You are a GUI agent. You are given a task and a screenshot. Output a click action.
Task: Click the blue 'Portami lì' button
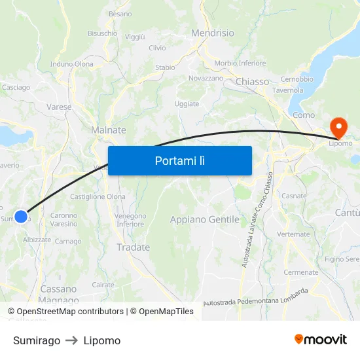click(x=179, y=160)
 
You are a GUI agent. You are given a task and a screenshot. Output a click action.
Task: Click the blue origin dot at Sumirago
click(x=21, y=216)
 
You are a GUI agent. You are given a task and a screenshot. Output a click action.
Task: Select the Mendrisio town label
click(x=212, y=32)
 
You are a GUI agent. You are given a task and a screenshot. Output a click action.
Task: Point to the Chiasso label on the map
click(x=252, y=82)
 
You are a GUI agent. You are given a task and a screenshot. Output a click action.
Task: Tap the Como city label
click(x=304, y=115)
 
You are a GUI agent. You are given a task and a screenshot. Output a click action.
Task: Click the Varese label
click(x=59, y=107)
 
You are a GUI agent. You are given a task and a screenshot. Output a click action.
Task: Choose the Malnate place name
click(x=108, y=130)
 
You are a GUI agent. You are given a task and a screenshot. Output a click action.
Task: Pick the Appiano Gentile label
click(x=204, y=219)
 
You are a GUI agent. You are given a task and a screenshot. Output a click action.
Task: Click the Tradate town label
click(x=133, y=247)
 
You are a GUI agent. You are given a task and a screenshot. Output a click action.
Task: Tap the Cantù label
click(x=347, y=213)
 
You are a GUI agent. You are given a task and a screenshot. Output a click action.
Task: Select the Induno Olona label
click(x=72, y=64)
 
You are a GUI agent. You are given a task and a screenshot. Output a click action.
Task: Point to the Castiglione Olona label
click(x=98, y=196)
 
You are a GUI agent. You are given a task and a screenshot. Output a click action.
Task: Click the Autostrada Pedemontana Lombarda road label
click(x=256, y=297)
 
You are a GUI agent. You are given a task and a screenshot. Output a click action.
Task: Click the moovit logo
click(x=320, y=340)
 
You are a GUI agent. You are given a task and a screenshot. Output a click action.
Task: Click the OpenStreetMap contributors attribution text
click(x=65, y=312)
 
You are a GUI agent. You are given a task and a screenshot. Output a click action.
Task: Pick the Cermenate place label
click(x=300, y=272)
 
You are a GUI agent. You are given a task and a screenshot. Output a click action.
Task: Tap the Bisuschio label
click(x=102, y=33)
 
